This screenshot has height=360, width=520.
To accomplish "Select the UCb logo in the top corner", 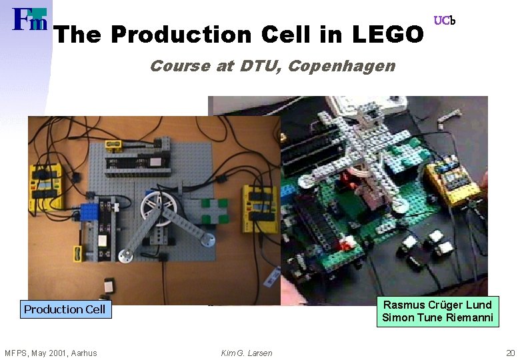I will pos(444,21).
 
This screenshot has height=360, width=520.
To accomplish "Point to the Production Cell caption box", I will pos(64,309).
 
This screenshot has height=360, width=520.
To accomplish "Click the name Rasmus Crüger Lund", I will pos(437,305).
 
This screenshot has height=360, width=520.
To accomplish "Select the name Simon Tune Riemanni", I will pos(437,317).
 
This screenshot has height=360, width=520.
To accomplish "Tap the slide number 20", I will pos(511,353).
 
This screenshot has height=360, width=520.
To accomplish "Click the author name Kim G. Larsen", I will pos(247,353).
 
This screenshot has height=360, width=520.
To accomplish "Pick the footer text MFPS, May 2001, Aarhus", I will pos(51,353).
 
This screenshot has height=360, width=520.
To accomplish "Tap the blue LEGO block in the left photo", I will pos(89,211).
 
